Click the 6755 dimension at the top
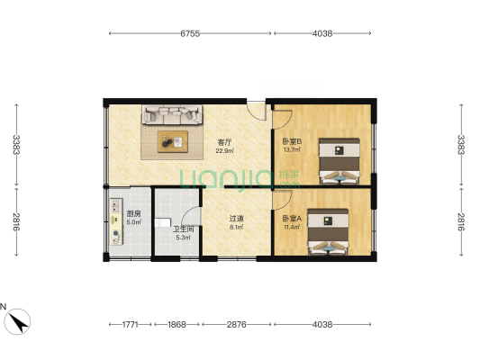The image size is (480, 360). (190, 33)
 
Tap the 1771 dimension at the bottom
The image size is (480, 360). (131, 324)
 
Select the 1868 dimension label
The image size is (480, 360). (177, 324)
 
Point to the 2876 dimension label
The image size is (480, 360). (236, 324)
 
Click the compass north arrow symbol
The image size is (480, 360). (17, 321)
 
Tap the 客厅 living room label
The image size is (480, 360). (224, 142)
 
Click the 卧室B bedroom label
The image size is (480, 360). (292, 141)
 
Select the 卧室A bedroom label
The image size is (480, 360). (292, 219)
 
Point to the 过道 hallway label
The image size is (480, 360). (236, 219)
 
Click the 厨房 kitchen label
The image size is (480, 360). (134, 214)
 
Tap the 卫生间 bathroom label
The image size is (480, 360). (184, 229)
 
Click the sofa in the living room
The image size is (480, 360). (172, 114)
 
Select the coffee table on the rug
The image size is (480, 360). (173, 141)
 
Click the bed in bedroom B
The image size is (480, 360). (340, 161)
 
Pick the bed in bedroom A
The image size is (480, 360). (328, 231)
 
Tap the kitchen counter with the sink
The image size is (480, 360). (116, 221)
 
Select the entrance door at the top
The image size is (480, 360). (257, 111)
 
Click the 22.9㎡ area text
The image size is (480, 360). (225, 150)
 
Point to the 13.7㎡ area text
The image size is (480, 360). (292, 150)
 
